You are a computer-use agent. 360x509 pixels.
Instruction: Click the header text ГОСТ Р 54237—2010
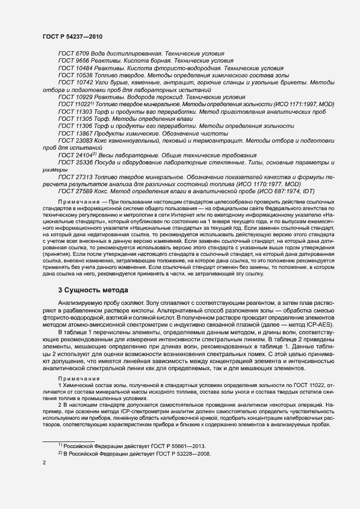coord(72,36)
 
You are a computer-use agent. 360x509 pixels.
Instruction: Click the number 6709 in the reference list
coord(83,54)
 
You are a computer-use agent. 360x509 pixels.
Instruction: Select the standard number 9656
coord(83,61)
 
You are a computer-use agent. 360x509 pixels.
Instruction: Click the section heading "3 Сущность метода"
coord(93,290)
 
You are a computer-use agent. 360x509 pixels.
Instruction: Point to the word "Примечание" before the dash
coord(75,202)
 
